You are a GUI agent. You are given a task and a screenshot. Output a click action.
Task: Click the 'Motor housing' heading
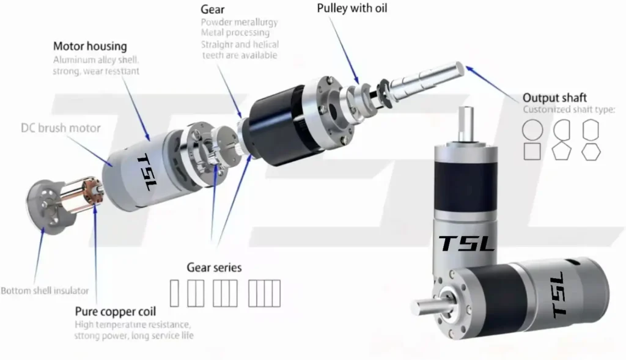pos(90,46)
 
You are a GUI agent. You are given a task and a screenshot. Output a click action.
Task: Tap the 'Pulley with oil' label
pos(352,9)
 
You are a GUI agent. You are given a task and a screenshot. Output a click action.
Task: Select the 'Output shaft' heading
pos(554,98)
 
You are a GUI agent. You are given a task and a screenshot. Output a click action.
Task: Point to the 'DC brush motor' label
pos(61,128)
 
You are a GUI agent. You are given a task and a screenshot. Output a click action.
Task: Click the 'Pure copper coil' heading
pos(115,311)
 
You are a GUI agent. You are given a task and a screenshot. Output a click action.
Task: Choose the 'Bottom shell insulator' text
pos(45,290)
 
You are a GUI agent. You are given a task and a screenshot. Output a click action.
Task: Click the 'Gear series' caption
pos(214,268)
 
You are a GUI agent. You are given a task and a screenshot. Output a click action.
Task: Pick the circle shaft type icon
pos(532,129)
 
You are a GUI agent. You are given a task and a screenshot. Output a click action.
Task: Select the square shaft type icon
pos(532,151)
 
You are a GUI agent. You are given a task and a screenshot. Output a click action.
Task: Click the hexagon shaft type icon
pos(591,151)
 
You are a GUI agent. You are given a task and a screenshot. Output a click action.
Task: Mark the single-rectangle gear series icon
pos(174,293)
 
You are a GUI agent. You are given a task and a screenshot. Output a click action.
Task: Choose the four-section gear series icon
pos(264,293)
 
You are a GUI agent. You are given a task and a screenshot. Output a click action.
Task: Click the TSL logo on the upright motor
pos(467,243)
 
